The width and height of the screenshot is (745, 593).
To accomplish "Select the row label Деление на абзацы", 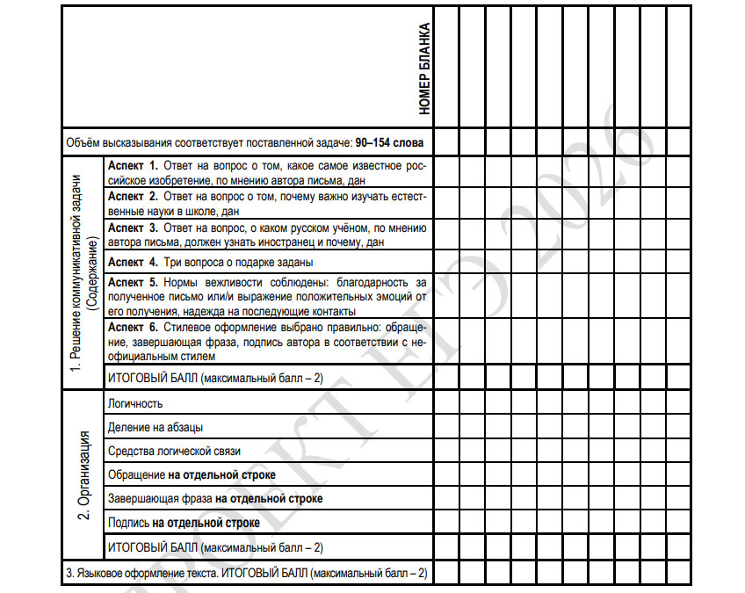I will coord(156,427).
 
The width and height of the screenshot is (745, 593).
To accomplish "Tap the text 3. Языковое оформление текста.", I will coord(141,573).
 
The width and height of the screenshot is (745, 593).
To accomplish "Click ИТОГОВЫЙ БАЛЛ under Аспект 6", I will coord(152,378).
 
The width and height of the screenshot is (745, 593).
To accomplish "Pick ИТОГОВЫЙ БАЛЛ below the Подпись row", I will coord(152,547).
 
